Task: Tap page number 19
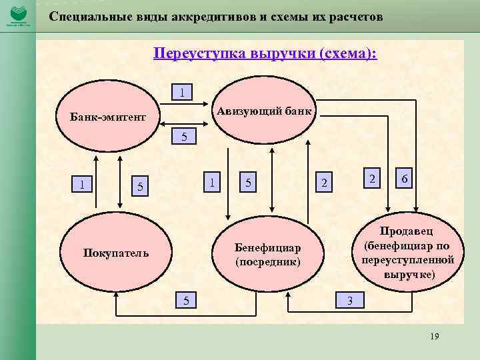[x=435, y=337]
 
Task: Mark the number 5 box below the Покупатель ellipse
[x=187, y=301]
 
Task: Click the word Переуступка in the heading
[x=199, y=53]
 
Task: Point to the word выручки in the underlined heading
[x=283, y=53]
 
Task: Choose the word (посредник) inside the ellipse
[x=268, y=262]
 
